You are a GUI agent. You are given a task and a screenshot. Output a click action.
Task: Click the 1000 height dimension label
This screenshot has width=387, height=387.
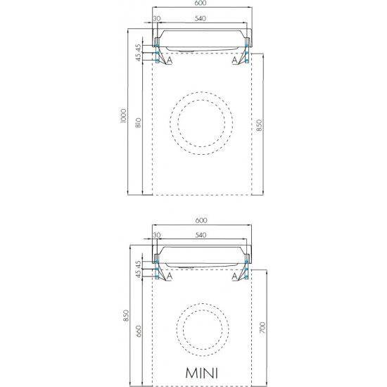[123, 116]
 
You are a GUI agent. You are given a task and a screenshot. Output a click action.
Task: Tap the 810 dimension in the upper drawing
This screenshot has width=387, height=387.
[139, 122]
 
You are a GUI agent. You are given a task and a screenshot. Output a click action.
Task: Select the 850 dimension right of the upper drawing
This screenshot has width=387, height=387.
[259, 125]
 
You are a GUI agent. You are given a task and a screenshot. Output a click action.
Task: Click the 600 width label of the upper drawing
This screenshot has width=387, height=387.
[200, 4]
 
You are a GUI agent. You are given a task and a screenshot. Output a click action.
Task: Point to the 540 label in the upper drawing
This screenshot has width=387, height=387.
[200, 18]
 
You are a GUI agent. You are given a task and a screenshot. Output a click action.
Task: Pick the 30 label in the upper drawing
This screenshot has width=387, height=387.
[157, 18]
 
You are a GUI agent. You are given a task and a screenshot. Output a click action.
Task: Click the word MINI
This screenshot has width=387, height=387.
[202, 373]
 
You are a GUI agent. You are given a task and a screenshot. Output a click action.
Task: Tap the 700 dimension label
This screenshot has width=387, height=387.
[262, 327]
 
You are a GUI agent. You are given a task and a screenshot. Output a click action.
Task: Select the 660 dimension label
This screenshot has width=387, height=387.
[139, 331]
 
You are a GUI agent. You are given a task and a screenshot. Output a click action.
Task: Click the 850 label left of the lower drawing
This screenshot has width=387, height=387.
[126, 316]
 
